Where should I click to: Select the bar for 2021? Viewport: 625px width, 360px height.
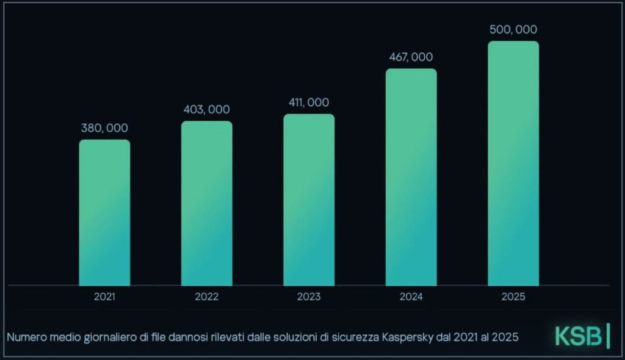tap(104, 212)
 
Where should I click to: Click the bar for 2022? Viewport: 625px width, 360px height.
tap(207, 203)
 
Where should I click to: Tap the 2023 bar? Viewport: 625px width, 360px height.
tap(309, 200)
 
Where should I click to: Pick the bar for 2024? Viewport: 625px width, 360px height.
tap(411, 177)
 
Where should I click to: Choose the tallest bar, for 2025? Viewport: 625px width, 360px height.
tap(513, 164)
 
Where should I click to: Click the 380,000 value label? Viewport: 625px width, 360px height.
tap(104, 128)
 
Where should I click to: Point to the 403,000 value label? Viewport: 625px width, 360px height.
tap(206, 109)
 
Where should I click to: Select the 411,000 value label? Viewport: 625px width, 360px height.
tap(309, 103)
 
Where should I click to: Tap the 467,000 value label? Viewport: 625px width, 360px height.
tap(411, 57)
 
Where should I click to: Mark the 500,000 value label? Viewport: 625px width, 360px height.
tap(513, 29)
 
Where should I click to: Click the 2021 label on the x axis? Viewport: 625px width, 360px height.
tap(104, 297)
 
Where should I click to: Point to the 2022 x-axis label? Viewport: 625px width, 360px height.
tap(207, 297)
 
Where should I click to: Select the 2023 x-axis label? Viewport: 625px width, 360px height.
tap(309, 297)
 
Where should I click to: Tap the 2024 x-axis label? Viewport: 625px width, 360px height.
tap(411, 297)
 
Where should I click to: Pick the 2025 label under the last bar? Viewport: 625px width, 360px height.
tap(513, 297)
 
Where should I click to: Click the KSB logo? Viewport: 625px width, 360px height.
tap(582, 336)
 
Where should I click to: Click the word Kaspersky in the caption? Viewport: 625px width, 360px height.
tap(407, 337)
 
